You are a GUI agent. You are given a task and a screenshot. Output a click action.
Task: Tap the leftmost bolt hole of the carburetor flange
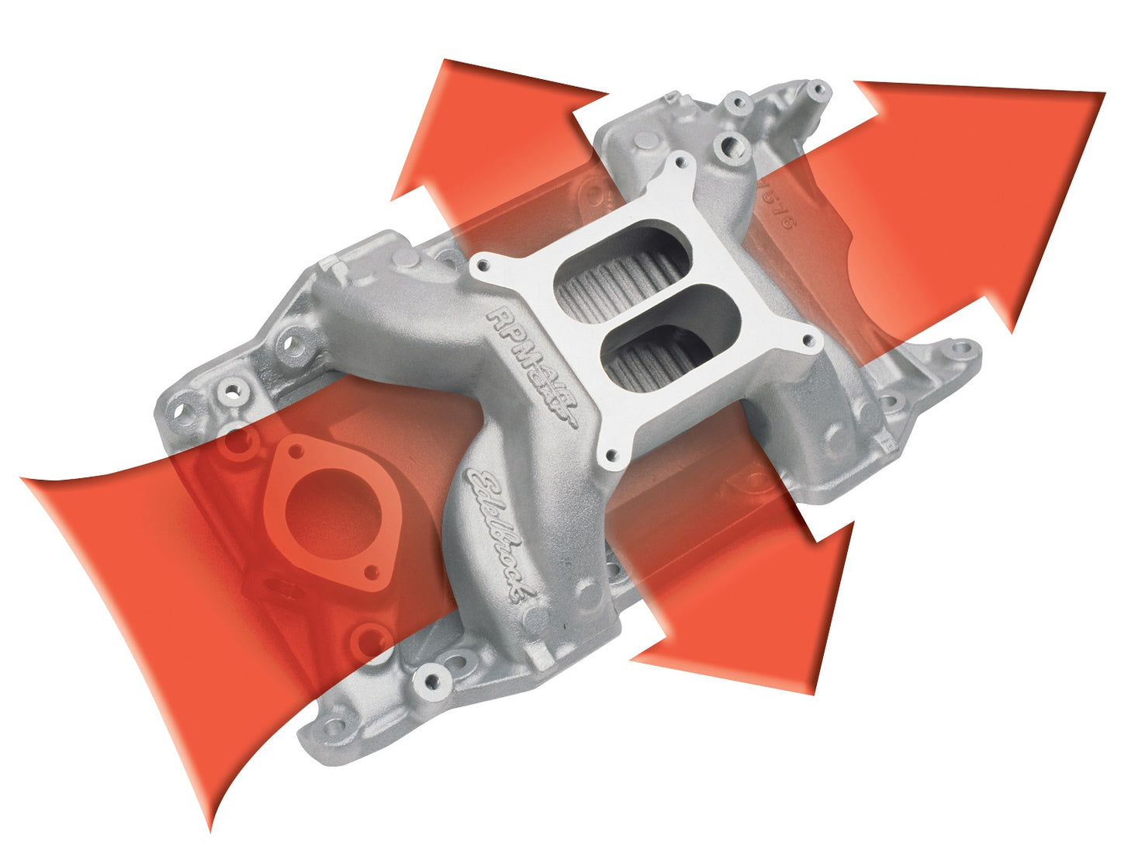[483, 266]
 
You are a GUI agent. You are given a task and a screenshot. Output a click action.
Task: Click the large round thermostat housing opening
[333, 512]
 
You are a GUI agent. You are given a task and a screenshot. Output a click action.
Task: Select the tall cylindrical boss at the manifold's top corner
[817, 91]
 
